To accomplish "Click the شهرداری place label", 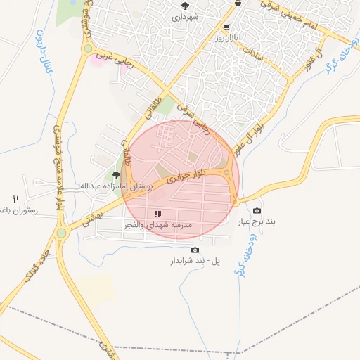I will (189, 15).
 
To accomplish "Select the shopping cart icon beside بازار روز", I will (226, 27).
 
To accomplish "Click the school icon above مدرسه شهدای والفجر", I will (157, 213).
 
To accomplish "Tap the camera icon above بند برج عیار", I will (257, 211).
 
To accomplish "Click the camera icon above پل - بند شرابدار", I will (195, 250).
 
